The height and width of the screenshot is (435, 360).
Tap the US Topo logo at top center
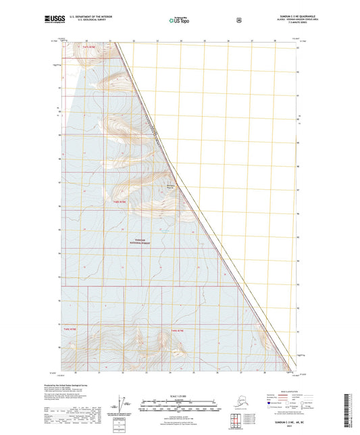coord(179,21)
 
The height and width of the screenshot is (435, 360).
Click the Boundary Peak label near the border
coord(170,188)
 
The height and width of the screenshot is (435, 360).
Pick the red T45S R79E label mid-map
coord(120,201)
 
